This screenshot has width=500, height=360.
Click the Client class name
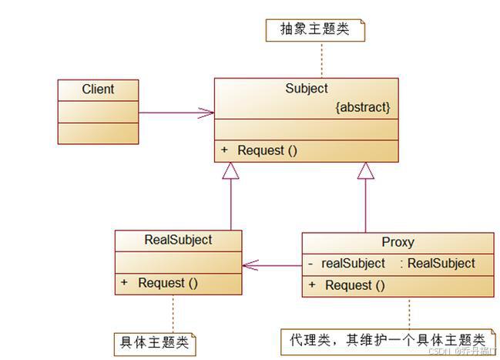click(98, 89)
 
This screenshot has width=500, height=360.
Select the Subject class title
click(306, 89)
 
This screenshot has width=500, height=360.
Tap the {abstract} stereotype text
click(363, 108)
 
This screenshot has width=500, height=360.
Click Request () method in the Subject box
click(267, 150)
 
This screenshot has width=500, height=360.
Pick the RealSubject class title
click(178, 240)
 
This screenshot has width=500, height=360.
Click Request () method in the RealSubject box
click(168, 283)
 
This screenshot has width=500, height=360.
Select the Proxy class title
click(398, 243)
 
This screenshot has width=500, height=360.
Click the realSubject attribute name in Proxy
click(353, 264)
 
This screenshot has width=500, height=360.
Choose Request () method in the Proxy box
click(355, 285)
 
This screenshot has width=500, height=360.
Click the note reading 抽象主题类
click(314, 30)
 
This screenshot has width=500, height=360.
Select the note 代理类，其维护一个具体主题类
click(388, 340)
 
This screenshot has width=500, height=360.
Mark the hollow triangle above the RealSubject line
click(230, 171)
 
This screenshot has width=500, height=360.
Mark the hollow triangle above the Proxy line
click(365, 171)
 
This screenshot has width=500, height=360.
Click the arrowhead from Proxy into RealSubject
click(249, 265)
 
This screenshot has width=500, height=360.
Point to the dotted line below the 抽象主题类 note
click(314, 59)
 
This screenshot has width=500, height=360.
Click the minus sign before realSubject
click(310, 264)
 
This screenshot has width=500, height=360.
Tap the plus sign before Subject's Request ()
click(224, 150)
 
